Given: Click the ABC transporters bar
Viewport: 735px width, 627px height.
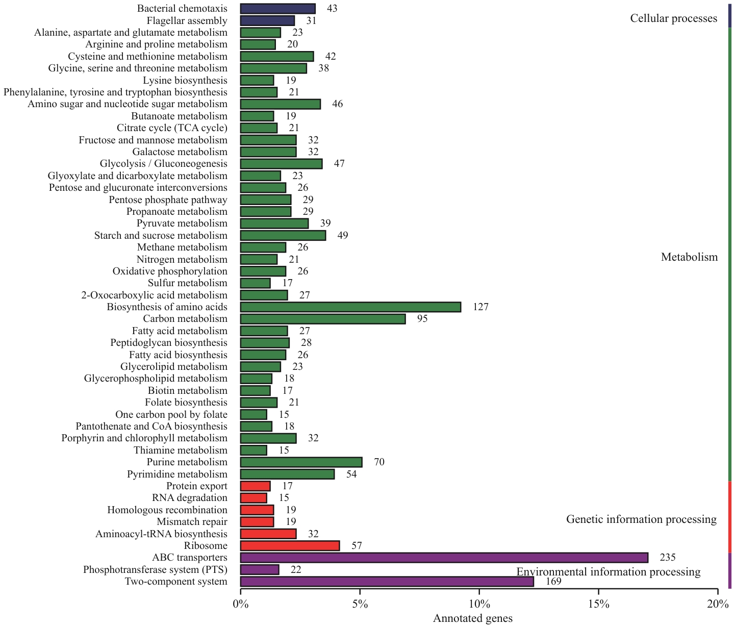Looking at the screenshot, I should pyautogui.click(x=444, y=558).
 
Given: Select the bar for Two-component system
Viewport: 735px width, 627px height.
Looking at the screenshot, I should pyautogui.click(x=387, y=582).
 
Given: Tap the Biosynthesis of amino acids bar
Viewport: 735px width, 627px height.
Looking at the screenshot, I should pyautogui.click(x=350, y=307).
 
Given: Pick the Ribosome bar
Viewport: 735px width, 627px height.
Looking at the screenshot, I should pyautogui.click(x=290, y=546).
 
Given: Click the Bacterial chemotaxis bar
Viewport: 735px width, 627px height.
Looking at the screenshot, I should pyautogui.click(x=277, y=9).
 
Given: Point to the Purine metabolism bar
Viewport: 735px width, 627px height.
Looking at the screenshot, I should pyautogui.click(x=301, y=462).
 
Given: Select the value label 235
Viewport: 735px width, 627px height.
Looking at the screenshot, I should pyautogui.click(x=667, y=558).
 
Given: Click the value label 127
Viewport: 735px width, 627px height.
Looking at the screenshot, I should pyautogui.click(x=480, y=307).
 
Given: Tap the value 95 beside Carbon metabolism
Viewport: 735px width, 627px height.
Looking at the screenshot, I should pyautogui.click(x=422, y=319).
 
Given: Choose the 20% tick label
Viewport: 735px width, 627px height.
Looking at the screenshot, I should pyautogui.click(x=718, y=605).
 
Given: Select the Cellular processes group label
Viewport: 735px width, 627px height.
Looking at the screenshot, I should pyautogui.click(x=673, y=19).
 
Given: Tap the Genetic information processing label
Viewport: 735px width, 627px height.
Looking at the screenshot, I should pyautogui.click(x=641, y=519).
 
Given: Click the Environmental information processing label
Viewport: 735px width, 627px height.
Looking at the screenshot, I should pyautogui.click(x=609, y=572).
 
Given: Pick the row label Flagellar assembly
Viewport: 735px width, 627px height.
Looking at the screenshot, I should pyautogui.click(x=187, y=21).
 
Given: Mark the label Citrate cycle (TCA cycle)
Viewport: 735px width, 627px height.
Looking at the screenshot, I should pyautogui.click(x=172, y=128).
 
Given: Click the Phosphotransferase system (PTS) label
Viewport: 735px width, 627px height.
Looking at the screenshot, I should pyautogui.click(x=155, y=570).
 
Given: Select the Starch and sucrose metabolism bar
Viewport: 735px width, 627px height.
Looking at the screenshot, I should pyautogui.click(x=283, y=236).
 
